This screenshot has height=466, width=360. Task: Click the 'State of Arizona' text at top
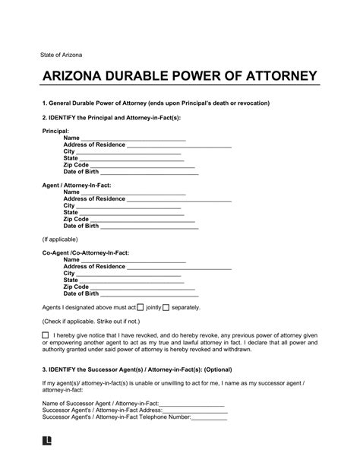[x=52, y=55]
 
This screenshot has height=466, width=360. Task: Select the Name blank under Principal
[x=133, y=138]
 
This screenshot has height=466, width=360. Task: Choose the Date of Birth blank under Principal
[x=150, y=173]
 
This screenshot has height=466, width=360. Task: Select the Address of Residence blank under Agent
[x=178, y=198]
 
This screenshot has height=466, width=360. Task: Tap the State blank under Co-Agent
[x=133, y=280]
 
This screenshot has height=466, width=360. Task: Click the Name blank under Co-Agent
[x=133, y=259]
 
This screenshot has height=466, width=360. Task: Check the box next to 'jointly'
[x=140, y=306]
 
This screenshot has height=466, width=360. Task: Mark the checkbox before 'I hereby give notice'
[x=46, y=334]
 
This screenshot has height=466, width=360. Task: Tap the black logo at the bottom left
[x=48, y=459]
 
